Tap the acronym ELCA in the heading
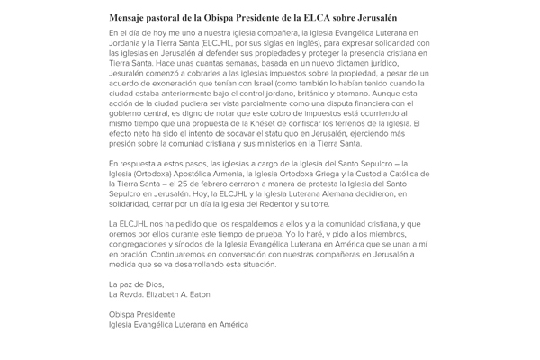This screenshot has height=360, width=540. [322, 17]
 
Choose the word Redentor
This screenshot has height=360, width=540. [290, 207]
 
